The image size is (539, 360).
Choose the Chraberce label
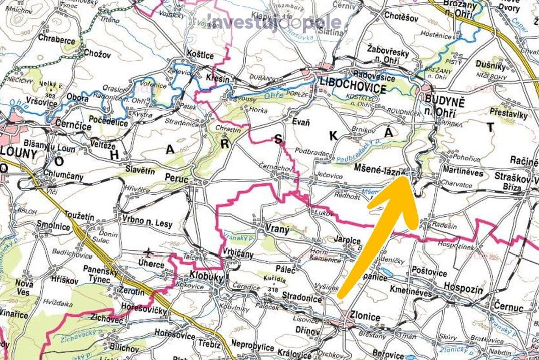tap(57, 40)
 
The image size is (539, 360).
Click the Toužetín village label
tap(80, 217)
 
